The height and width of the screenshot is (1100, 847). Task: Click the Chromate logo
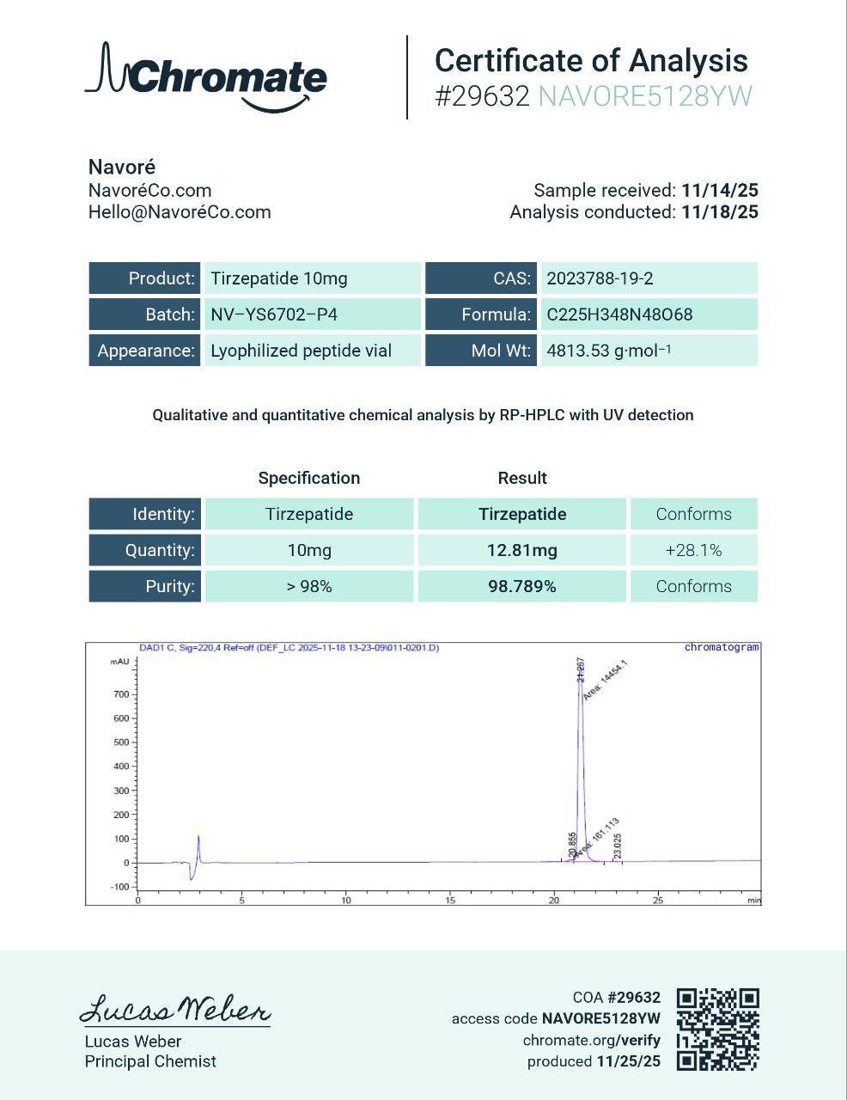click(206, 77)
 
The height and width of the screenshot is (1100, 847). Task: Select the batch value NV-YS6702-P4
click(274, 315)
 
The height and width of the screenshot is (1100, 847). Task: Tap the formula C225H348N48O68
click(619, 315)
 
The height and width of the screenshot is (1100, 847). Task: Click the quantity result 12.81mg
click(521, 550)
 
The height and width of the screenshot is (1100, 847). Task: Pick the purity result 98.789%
click(521, 586)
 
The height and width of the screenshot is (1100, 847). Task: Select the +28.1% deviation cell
click(693, 550)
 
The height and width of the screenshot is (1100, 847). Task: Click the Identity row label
click(145, 514)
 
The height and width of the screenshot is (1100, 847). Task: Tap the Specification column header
click(309, 478)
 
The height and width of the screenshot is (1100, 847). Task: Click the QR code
click(717, 1029)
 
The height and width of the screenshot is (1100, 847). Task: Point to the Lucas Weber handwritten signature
click(175, 1009)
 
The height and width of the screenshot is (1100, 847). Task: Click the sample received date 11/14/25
click(720, 191)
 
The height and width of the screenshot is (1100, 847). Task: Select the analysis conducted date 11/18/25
click(720, 212)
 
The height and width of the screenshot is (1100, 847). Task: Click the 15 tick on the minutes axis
click(450, 901)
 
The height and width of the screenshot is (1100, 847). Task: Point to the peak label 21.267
click(580, 670)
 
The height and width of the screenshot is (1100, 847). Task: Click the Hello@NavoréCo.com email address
click(180, 212)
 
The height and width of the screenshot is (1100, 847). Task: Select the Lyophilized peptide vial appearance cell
click(302, 351)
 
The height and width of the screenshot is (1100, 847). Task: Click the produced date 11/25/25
click(628, 1061)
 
